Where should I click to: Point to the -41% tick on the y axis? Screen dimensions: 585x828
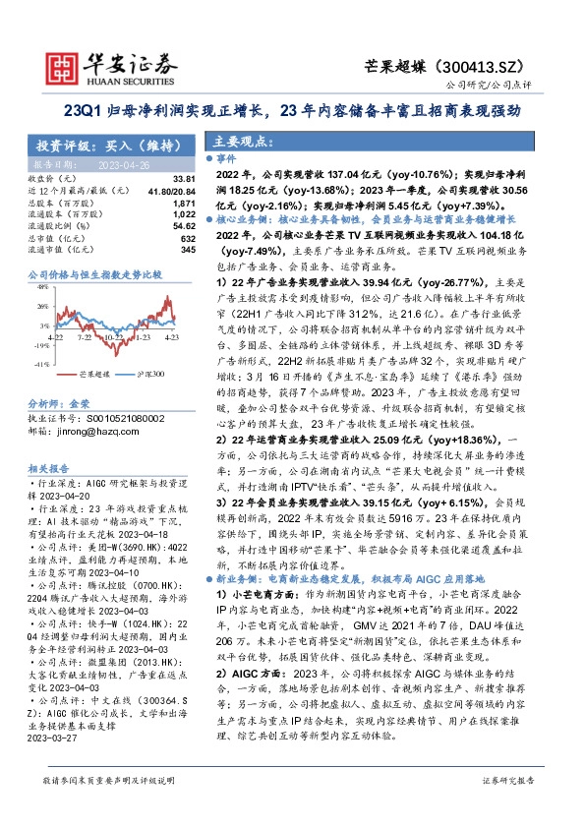[x=42, y=364]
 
